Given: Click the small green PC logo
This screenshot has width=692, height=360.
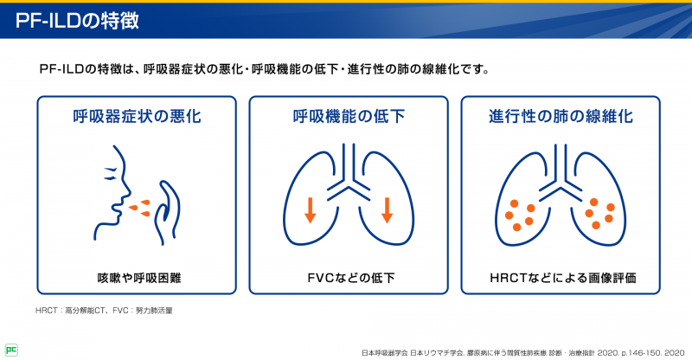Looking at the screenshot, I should tap(11, 350).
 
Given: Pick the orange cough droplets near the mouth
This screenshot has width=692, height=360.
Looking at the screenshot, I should tap(138, 206).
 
